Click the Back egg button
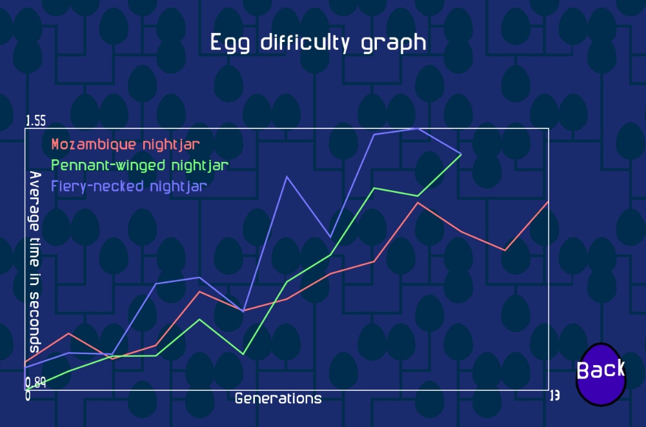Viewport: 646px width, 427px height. tap(601, 374)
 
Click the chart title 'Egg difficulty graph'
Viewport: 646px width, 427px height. tap(318, 43)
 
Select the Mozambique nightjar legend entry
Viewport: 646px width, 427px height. tap(125, 144)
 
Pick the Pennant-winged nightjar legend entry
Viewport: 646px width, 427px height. tap(139, 166)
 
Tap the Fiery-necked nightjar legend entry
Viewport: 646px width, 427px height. tap(129, 186)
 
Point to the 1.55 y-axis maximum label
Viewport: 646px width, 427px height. tap(36, 121)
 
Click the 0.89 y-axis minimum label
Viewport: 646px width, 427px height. tap(36, 383)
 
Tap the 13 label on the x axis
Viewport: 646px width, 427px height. tap(555, 395)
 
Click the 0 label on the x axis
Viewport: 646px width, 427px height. tap(28, 396)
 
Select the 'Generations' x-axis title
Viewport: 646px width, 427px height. tap(278, 399)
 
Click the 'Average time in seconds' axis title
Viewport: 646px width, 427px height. tap(35, 262)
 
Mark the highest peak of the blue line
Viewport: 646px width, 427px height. tap(418, 128)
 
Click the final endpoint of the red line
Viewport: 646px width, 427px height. tap(549, 201)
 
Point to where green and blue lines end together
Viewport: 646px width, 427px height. tap(461, 154)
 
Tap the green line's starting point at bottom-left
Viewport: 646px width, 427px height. tap(26, 390)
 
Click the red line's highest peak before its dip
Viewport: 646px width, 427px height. tap(418, 203)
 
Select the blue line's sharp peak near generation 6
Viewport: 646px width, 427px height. tap(287, 177)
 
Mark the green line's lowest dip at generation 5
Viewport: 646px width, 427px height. tap(243, 353)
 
